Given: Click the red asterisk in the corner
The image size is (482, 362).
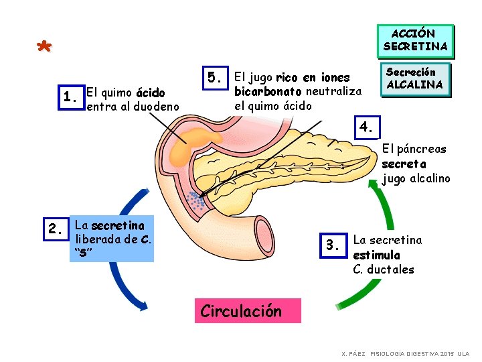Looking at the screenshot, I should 44,48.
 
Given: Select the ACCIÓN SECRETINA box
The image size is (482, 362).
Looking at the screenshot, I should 415,40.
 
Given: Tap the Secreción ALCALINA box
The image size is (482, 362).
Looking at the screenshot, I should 415,78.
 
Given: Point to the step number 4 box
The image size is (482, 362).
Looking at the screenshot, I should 366,127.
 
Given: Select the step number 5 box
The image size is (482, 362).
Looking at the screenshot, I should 214,78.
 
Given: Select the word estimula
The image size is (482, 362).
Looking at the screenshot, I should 376,255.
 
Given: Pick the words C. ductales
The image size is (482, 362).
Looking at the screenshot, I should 384,269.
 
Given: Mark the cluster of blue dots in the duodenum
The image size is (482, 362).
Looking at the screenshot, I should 195,201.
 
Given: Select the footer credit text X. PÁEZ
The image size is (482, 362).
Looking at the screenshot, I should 353,353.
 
